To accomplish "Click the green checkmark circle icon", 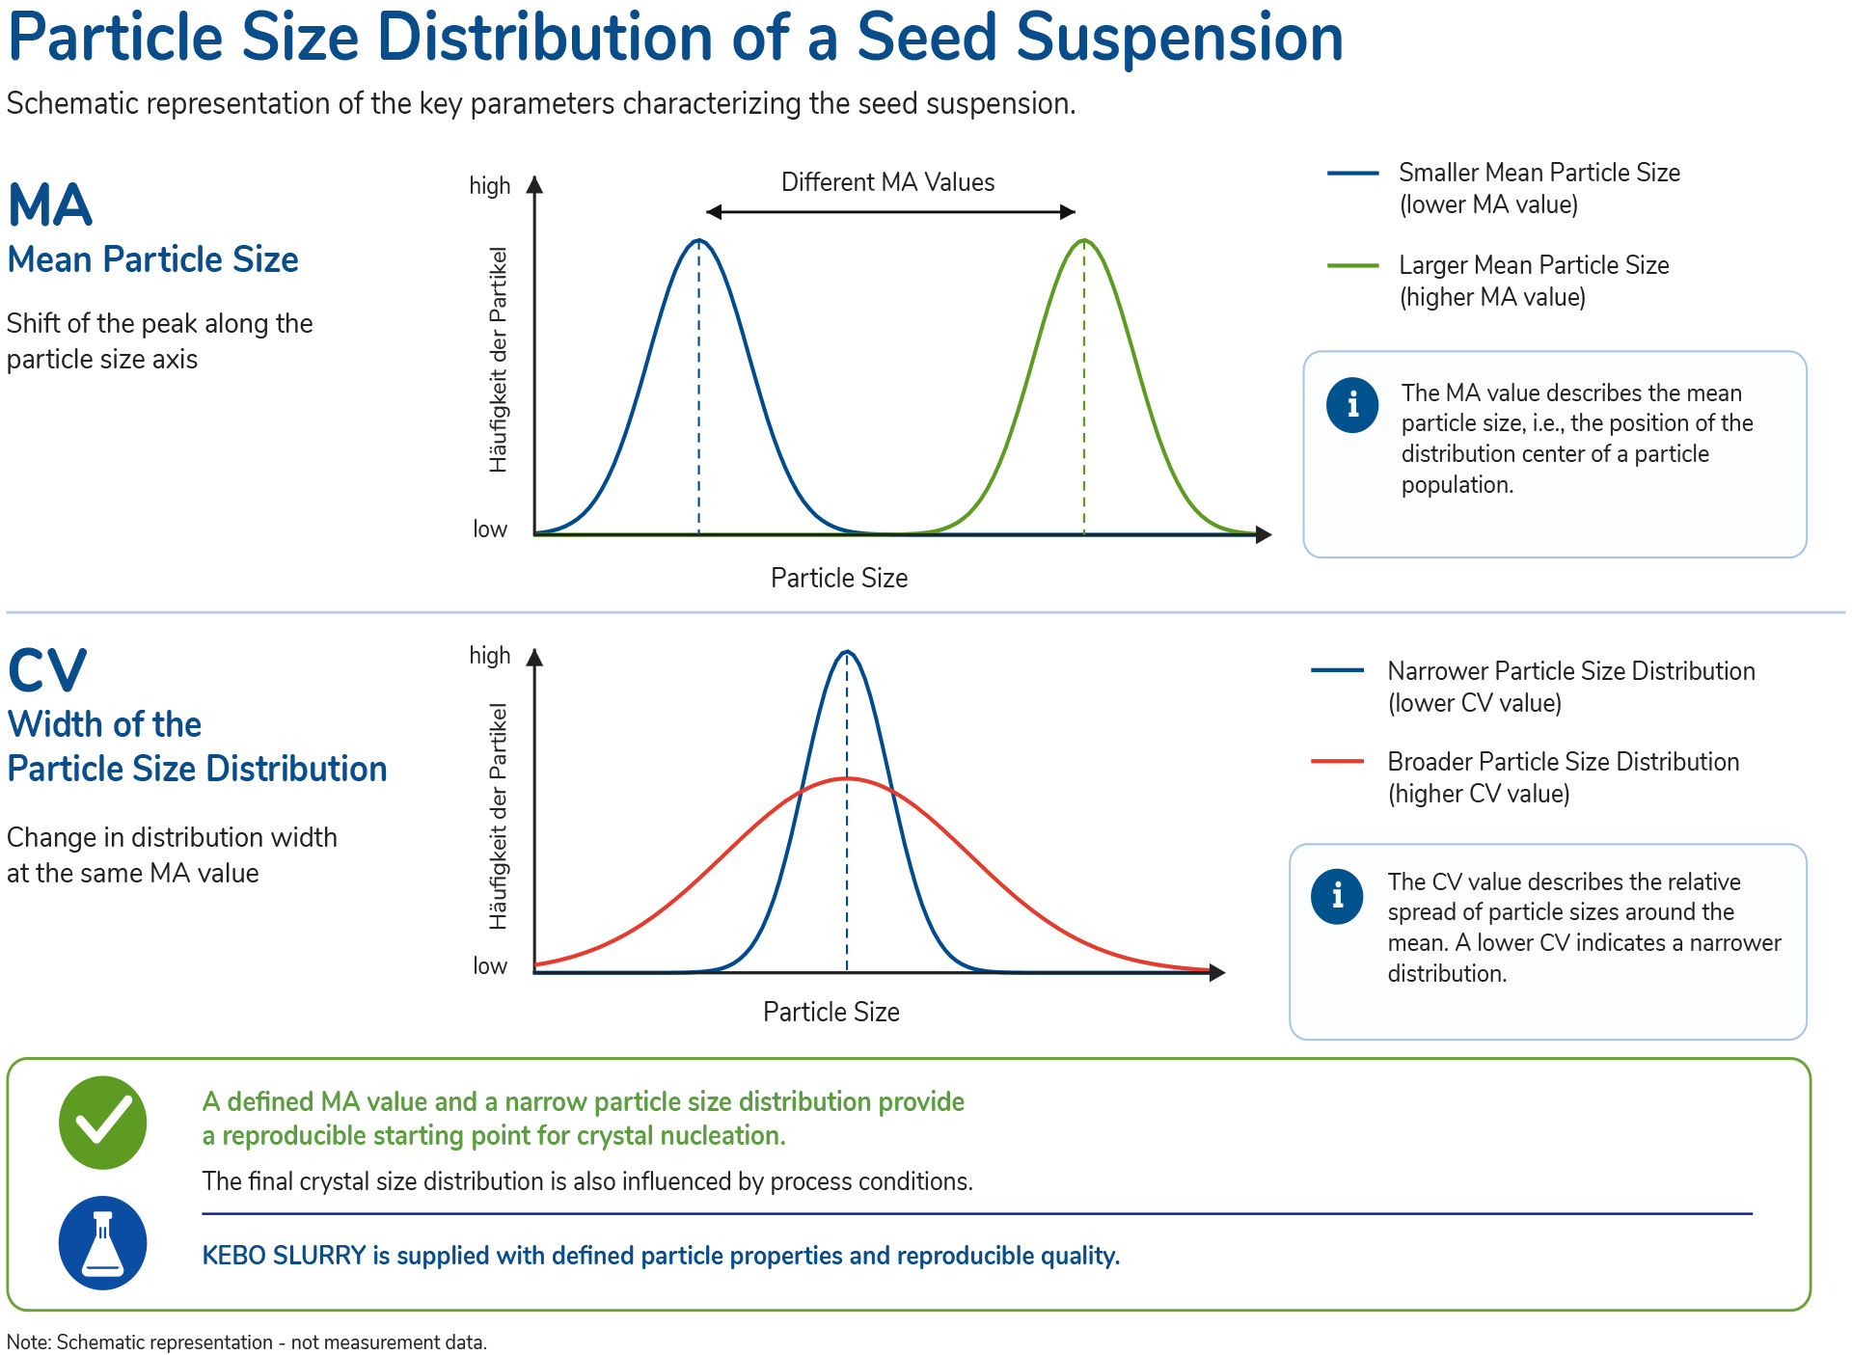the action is coord(103,1123).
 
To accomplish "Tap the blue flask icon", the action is coord(103,1243).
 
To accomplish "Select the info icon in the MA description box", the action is coord(1352,404).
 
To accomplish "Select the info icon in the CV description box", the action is coord(1337,896).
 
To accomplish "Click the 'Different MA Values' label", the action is coord(887,182).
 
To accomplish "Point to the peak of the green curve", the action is coord(1084,240).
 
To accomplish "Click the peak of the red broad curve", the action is coord(847,778).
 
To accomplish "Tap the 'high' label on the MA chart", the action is coord(490,185).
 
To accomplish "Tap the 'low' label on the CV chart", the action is coord(490,965).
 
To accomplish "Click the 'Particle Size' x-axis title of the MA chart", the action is coord(839,578).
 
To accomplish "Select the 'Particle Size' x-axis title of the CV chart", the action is coord(831,1012).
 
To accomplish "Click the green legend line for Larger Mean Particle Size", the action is coord(1352,265).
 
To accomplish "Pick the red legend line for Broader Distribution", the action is coord(1337,762).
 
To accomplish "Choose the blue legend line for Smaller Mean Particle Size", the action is coord(1352,173).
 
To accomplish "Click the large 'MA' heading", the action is coord(50,204).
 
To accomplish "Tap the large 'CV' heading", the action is coord(47,670).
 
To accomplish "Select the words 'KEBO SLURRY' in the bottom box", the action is coord(284,1256).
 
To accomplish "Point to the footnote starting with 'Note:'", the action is coord(247,1342).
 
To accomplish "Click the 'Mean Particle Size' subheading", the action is coord(152,259).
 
